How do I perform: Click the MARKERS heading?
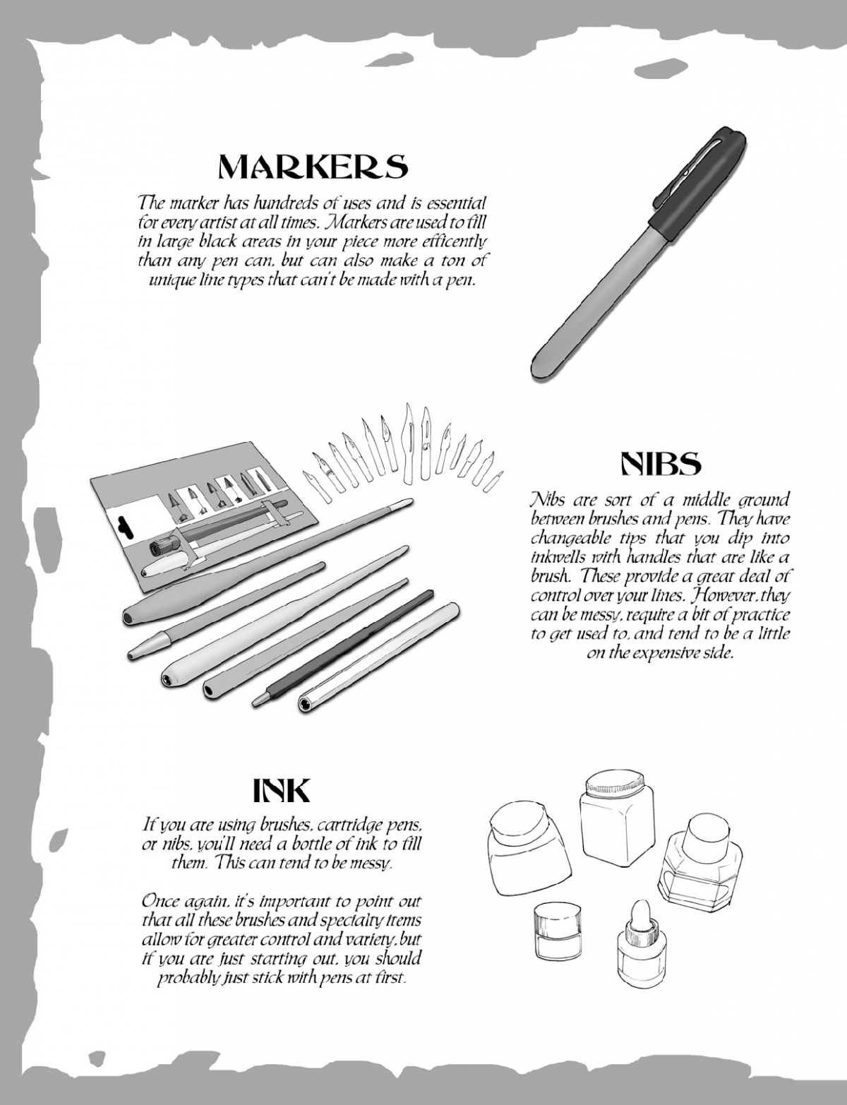pyautogui.click(x=313, y=167)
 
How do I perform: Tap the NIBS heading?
pyautogui.click(x=661, y=463)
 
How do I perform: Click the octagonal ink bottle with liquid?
pyautogui.click(x=701, y=868)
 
